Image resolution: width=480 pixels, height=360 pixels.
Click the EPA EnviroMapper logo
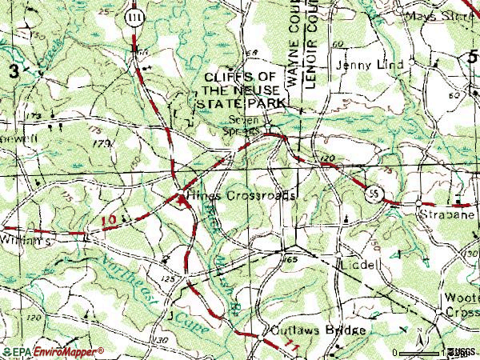pyautogui.click(x=53, y=352)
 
